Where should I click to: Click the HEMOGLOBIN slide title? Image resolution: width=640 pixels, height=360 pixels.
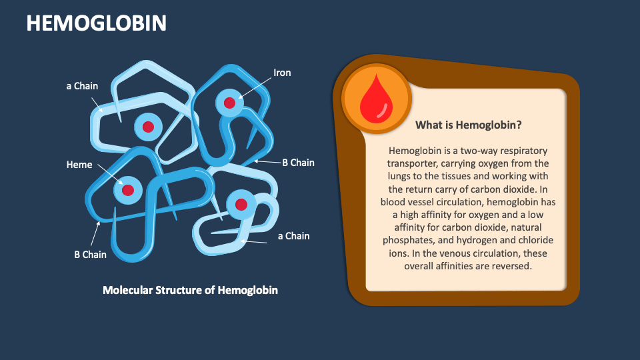pyautogui.click(x=96, y=23)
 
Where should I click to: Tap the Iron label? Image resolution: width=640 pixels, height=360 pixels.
pyautogui.click(x=282, y=73)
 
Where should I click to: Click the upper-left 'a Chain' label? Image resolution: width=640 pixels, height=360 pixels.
pyautogui.click(x=82, y=85)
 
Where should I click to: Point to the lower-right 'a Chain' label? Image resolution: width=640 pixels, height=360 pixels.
pyautogui.click(x=293, y=235)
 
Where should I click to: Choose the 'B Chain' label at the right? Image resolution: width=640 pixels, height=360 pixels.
pyautogui.click(x=298, y=162)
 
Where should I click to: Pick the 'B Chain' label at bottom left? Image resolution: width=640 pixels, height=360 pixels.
pyautogui.click(x=90, y=254)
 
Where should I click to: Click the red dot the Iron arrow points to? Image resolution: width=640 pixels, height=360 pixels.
pyautogui.click(x=229, y=103)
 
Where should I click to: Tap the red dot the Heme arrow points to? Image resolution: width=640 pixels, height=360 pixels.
pyautogui.click(x=128, y=191)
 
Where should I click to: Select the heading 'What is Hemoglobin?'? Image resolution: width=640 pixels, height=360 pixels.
pyautogui.click(x=468, y=125)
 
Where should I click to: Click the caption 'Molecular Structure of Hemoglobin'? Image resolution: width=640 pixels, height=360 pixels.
pyautogui.click(x=190, y=290)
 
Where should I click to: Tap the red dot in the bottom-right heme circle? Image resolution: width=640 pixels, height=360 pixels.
pyautogui.click(x=241, y=204)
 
